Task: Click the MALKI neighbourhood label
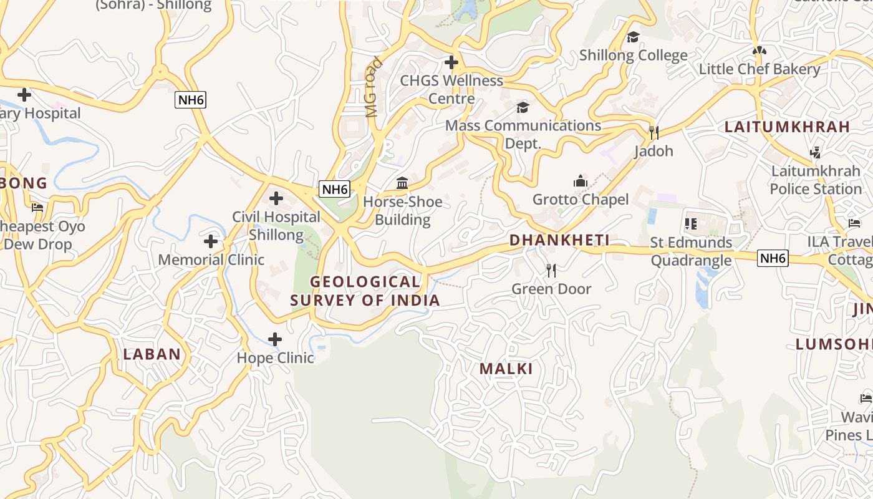(506, 368)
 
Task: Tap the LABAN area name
(152, 354)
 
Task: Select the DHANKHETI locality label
(559, 240)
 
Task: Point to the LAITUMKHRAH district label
(787, 127)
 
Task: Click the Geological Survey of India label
(365, 291)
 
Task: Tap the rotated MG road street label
(372, 87)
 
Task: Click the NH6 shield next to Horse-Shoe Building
(334, 189)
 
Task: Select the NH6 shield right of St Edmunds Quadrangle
(773, 258)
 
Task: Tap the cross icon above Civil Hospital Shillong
(276, 198)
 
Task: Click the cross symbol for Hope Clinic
(274, 339)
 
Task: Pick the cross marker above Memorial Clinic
(211, 241)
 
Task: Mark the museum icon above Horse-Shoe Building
(402, 183)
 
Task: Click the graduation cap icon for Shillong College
(633, 37)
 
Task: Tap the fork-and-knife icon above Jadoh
(654, 132)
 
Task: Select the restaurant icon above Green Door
(551, 270)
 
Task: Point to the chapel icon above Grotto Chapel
(581, 181)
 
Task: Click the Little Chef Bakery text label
(759, 69)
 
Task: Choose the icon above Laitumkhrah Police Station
(814, 152)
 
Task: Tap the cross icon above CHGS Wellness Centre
(451, 62)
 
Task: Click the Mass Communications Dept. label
(523, 134)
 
